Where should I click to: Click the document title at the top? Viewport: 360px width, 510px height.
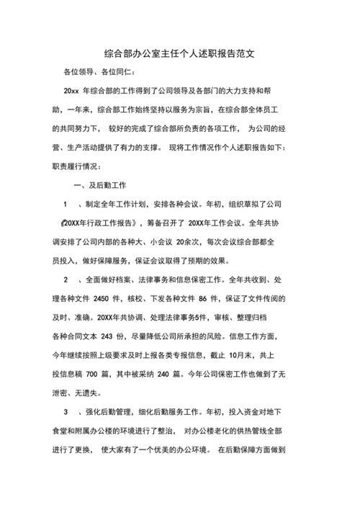(180, 53)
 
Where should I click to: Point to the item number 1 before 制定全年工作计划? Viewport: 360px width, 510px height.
(66, 204)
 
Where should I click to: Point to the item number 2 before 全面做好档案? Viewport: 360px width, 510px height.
(66, 279)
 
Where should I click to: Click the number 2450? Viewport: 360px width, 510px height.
(106, 297)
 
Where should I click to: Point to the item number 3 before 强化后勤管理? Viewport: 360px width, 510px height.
(66, 412)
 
